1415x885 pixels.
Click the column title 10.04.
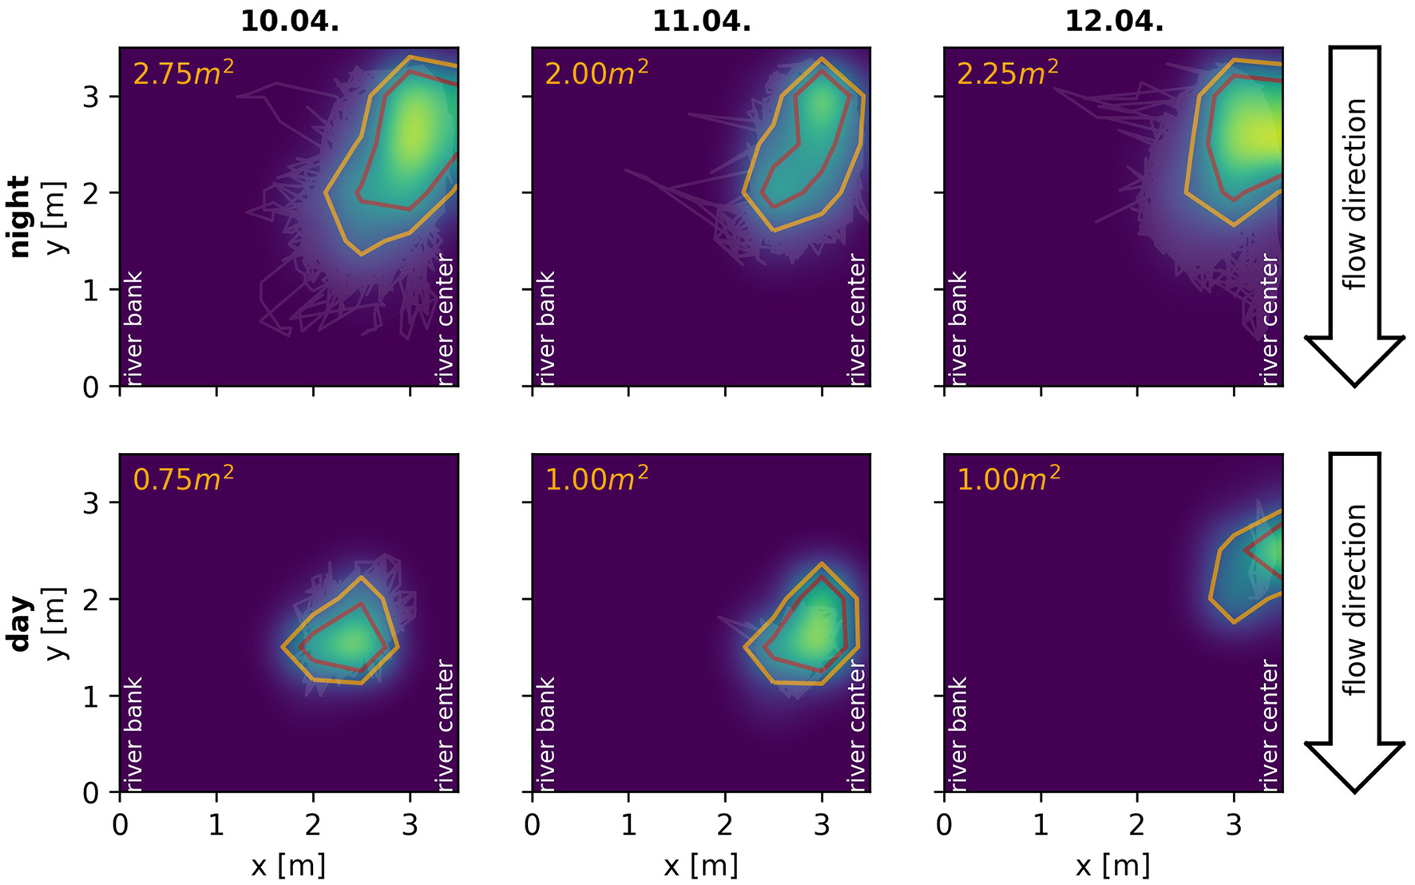pos(289,21)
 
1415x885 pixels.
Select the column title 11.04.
pos(701,21)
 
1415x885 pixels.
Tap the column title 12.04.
pos(1113,21)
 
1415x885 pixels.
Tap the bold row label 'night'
pos(19,216)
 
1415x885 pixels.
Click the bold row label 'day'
pos(19,623)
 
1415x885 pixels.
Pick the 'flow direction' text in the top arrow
pos(1354,193)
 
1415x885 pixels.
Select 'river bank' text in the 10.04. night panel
pos(133,327)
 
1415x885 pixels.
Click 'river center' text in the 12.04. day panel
pos(1269,725)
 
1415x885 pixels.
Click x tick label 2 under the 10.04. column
pos(313,826)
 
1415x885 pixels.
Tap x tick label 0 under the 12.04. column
pos(945,826)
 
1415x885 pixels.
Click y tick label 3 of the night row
pos(91,97)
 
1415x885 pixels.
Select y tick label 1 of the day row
pos(91,696)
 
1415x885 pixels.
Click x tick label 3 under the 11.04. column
pos(822,826)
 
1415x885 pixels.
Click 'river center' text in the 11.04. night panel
pos(857,319)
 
